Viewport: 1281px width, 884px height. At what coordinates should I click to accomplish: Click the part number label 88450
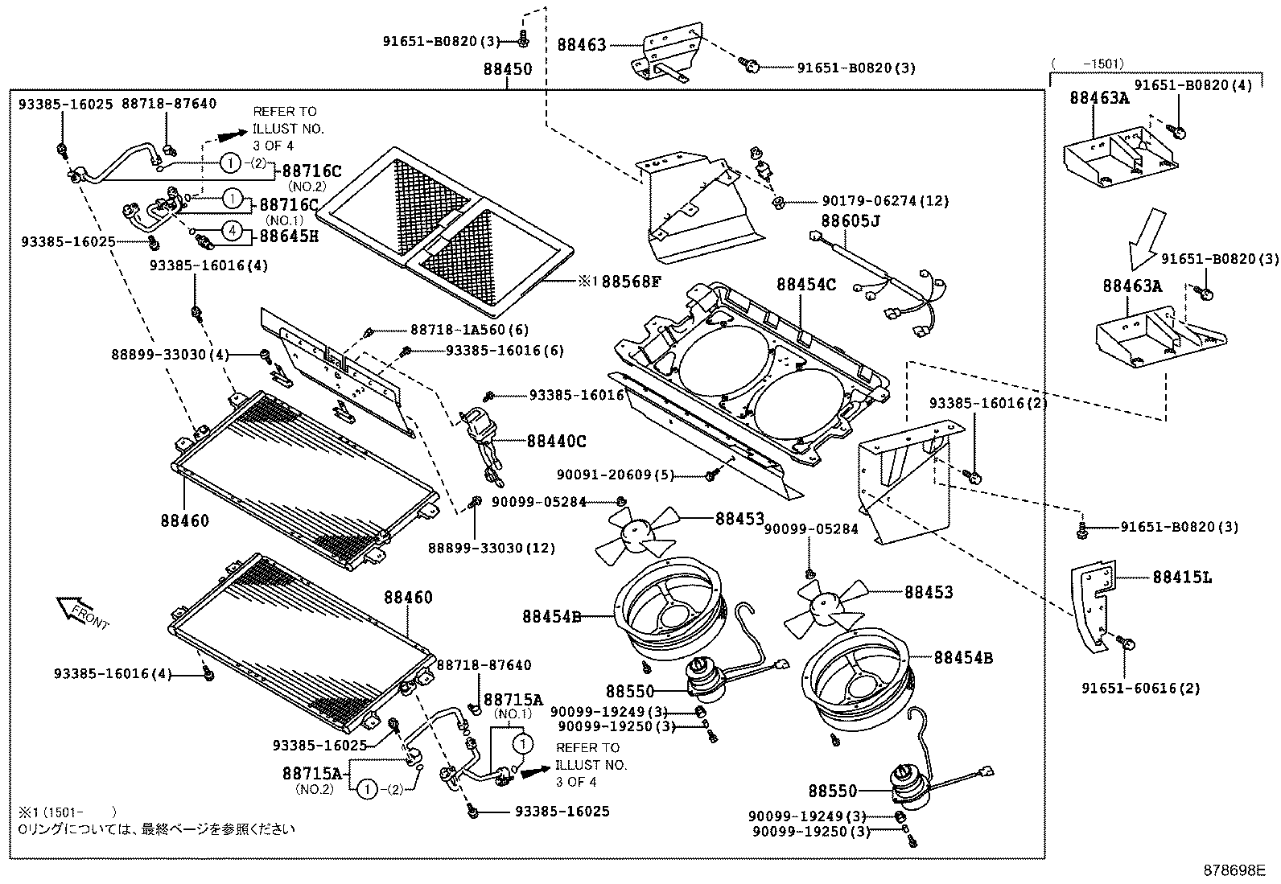[507, 69]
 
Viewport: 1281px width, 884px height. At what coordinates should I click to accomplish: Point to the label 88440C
[556, 441]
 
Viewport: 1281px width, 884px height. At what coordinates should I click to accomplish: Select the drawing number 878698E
[1234, 870]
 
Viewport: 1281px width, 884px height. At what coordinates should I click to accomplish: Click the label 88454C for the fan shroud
[805, 285]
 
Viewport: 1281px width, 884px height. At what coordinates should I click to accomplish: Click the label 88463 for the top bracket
[581, 46]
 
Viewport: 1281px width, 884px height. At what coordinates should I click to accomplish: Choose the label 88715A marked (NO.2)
[313, 774]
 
